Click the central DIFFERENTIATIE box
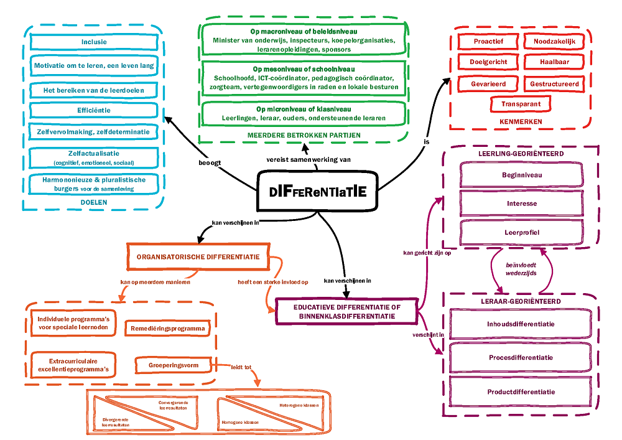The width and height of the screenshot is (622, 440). coord(318,192)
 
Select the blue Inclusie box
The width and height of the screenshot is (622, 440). coord(94,42)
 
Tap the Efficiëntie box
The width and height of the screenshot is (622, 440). coord(94,110)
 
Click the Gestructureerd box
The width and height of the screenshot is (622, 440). coord(554,83)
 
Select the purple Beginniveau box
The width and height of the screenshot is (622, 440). coord(521,176)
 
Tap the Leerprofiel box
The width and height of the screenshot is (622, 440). coord(521,232)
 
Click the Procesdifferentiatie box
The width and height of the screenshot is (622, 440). coord(521,358)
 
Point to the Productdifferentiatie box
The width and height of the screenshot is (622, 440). coord(521,391)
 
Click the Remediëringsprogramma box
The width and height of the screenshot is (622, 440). coord(167,328)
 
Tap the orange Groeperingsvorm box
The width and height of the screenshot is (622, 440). coord(174,365)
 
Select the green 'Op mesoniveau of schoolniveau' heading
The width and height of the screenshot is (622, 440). coord(304,69)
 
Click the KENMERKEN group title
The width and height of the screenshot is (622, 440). coord(521,122)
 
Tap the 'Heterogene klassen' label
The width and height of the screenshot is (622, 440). coord(299,405)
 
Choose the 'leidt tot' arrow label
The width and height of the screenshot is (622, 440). coord(241,367)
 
